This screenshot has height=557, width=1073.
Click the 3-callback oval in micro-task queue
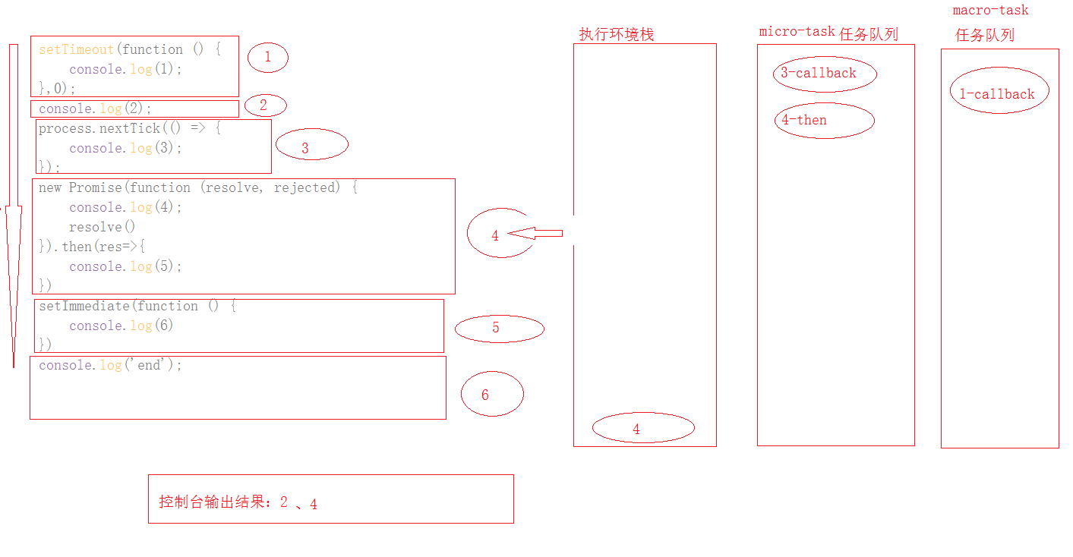824,74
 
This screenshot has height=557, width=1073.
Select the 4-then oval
823,121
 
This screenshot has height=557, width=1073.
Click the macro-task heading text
990,11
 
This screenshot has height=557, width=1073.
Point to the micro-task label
797,32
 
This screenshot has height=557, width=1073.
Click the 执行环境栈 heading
616,34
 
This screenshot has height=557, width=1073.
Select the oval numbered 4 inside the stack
642,429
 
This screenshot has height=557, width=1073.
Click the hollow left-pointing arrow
535,233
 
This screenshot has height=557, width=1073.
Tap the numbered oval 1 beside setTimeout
267,57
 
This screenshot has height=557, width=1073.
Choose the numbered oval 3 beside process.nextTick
311,145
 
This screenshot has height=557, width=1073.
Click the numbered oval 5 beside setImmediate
499,328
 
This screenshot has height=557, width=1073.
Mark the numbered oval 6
492,395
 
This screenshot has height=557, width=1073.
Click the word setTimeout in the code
75,49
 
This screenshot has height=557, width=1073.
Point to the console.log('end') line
111,365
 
